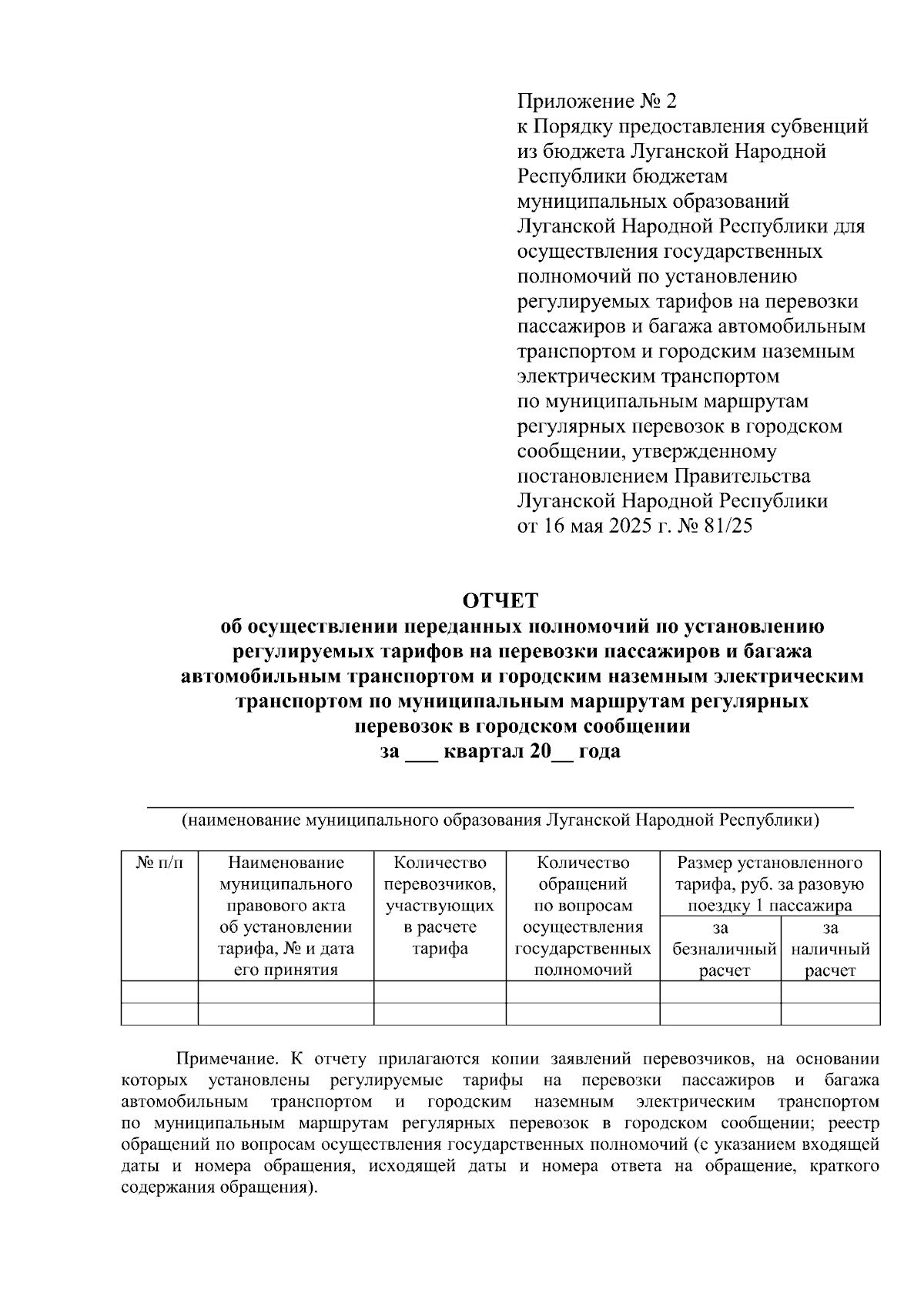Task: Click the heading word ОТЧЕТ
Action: click(x=500, y=600)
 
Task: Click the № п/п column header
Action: click(x=160, y=863)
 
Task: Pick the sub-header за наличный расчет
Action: click(x=830, y=949)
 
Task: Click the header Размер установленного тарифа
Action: click(x=770, y=883)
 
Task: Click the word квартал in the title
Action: click(x=483, y=751)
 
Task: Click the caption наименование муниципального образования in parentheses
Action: click(x=500, y=820)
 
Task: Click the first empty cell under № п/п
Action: click(x=160, y=991)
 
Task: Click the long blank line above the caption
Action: click(x=500, y=806)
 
